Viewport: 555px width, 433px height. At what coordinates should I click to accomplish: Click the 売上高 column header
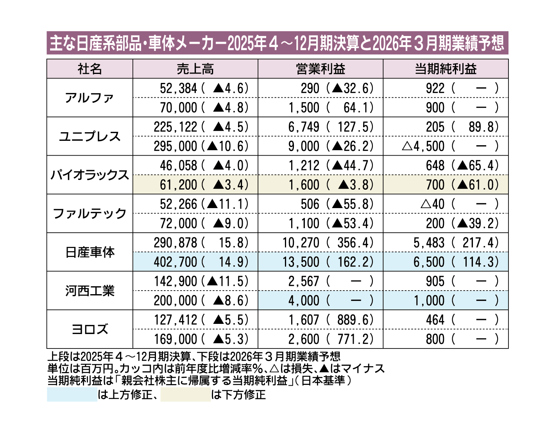click(x=195, y=69)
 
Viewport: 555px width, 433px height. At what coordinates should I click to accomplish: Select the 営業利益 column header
click(x=320, y=69)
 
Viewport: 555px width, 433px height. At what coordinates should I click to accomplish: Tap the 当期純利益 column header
click(x=445, y=69)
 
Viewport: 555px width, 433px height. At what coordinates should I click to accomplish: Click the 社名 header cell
click(x=90, y=69)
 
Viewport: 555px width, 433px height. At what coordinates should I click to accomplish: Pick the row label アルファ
click(x=90, y=98)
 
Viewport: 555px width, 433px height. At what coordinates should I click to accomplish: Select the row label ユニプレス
click(x=90, y=137)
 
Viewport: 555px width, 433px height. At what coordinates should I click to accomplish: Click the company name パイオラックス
click(x=90, y=175)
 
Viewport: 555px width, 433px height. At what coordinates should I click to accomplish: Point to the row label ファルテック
click(x=90, y=214)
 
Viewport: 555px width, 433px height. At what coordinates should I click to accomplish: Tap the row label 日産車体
click(x=90, y=252)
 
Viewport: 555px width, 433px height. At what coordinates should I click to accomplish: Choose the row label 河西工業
click(x=90, y=291)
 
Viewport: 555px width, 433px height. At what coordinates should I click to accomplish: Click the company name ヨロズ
click(x=90, y=329)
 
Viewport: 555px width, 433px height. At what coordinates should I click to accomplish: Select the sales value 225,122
click(x=175, y=127)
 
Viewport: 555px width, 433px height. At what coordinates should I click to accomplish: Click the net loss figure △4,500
click(x=423, y=146)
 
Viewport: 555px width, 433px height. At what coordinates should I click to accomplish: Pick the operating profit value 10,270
click(x=301, y=243)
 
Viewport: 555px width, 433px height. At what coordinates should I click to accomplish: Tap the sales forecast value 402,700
click(x=175, y=262)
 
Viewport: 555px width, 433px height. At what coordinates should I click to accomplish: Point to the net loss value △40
click(x=433, y=204)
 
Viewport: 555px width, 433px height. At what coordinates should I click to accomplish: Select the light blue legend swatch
click(x=72, y=395)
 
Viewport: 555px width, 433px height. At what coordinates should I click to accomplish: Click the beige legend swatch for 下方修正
click(x=186, y=395)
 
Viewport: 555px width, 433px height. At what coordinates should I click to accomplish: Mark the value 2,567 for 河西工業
click(x=304, y=282)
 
